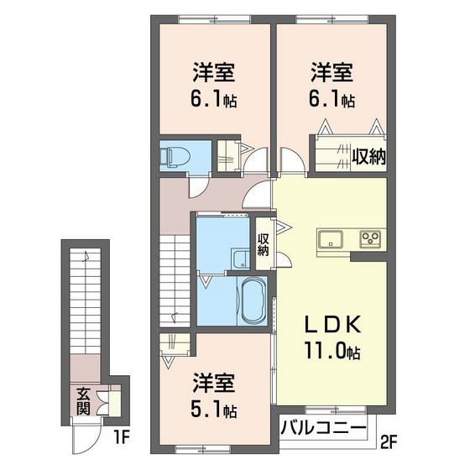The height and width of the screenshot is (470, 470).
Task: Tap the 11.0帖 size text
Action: click(330, 352)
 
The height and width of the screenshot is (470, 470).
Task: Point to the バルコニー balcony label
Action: click(323, 428)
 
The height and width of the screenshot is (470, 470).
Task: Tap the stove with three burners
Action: click(370, 238)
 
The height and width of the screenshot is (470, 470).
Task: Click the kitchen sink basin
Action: click(329, 238)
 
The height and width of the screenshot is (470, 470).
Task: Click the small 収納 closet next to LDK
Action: click(264, 243)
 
